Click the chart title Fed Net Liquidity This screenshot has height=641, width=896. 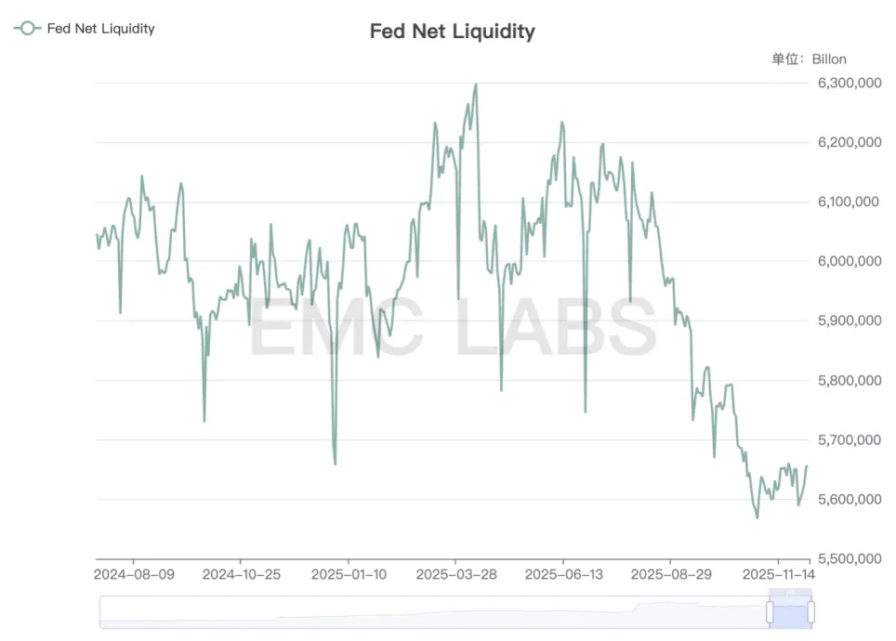coord(452,31)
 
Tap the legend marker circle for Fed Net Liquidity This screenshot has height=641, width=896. coord(28,28)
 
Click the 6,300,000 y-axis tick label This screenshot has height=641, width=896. coord(850,83)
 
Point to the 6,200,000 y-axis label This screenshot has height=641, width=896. coord(850,142)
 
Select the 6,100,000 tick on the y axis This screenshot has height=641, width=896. coord(850,202)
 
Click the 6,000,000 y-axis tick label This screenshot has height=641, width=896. coord(850,261)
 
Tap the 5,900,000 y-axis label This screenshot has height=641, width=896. coord(850,320)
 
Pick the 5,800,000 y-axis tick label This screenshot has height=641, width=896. coord(850,380)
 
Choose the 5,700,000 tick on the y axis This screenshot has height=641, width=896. coord(850,439)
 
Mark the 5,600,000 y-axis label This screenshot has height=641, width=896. coord(850,499)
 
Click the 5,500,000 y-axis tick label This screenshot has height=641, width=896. coord(850,558)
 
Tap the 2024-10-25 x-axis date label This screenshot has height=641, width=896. coord(241,574)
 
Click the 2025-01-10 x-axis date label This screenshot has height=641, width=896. coord(349,574)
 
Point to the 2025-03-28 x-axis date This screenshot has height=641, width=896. coord(455,574)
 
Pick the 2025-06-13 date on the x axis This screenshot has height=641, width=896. coord(563,574)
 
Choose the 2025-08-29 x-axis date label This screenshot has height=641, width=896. coord(671,574)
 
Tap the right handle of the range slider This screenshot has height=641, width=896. coord(810,611)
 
